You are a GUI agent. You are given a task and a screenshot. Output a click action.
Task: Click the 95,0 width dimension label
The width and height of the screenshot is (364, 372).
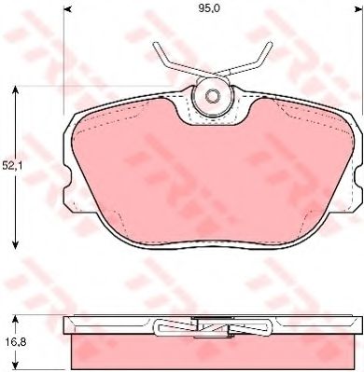(209, 8)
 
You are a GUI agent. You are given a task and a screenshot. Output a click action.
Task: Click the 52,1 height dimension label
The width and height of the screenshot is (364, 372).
(10, 166)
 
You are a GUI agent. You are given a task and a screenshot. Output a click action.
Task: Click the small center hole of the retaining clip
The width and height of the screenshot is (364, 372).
(213, 96)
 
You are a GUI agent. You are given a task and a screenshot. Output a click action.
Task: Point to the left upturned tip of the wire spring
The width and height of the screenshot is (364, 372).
(154, 46)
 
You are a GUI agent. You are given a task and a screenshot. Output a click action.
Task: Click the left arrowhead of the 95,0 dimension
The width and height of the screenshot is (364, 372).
(67, 9)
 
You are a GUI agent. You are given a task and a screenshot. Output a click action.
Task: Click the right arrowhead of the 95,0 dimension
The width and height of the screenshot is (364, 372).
(359, 9)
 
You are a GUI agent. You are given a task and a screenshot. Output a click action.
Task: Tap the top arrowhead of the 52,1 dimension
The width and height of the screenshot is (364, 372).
(15, 90)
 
